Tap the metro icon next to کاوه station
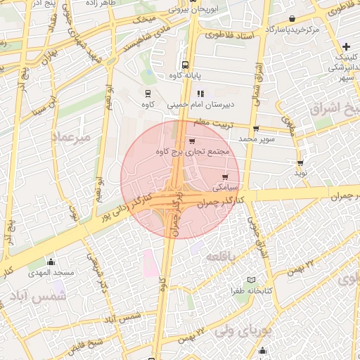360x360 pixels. (148, 93)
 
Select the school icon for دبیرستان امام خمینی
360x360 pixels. (200, 93)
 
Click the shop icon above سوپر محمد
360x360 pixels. (255, 129)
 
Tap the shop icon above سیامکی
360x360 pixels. (225, 176)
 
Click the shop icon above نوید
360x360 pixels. (300, 162)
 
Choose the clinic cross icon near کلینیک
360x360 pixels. (346, 46)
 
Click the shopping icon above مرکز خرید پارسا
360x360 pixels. (292, 19)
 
